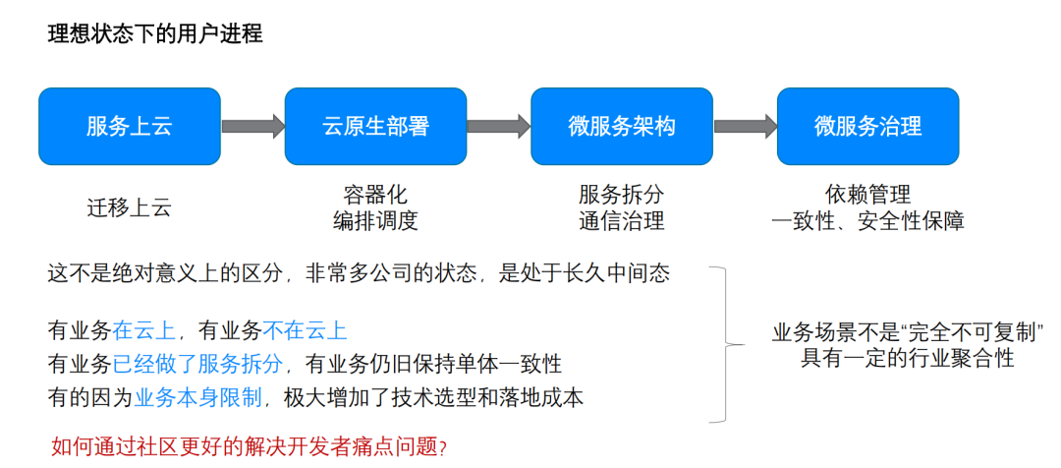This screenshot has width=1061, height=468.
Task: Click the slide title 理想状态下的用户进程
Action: click(155, 34)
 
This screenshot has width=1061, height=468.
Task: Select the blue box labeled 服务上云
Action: click(130, 126)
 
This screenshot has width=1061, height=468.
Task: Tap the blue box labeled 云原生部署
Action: click(376, 126)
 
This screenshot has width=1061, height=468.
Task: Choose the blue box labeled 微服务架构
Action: click(622, 126)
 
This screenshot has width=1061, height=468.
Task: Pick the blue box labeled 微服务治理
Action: click(868, 126)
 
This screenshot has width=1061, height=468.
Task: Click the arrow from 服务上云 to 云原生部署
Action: click(252, 126)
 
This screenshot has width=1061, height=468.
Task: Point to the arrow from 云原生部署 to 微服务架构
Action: click(499, 126)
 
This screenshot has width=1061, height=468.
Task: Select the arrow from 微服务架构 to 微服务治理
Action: click(746, 126)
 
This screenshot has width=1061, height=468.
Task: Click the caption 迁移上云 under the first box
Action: click(129, 207)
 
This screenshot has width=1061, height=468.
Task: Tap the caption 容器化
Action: click(375, 194)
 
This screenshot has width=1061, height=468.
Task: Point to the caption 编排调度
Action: click(375, 221)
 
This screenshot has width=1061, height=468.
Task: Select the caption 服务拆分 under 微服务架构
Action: click(622, 194)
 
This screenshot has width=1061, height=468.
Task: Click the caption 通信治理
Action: click(622, 221)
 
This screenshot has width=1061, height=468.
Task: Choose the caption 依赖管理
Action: click(868, 194)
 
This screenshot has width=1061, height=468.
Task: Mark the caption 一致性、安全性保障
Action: click(868, 221)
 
